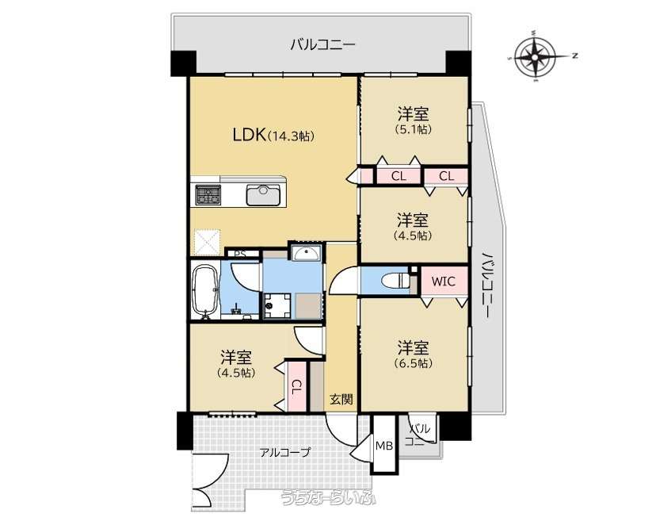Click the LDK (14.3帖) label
[x=273, y=136]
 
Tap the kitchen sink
[x=263, y=194]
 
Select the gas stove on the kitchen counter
[x=208, y=194]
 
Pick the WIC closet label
[x=443, y=281]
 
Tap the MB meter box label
[x=383, y=446]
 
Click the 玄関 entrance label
[x=341, y=400]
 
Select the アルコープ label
[x=285, y=452]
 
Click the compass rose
[x=536, y=56]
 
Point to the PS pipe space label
[x=240, y=254]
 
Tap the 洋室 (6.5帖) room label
[x=413, y=354]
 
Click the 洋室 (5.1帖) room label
[x=413, y=121]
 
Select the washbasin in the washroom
[x=307, y=253]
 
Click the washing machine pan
[x=277, y=305]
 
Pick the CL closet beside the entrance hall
[x=296, y=386]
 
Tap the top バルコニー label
[x=323, y=44]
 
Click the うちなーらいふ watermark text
[x=329, y=497]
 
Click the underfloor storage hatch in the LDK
[x=208, y=243]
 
